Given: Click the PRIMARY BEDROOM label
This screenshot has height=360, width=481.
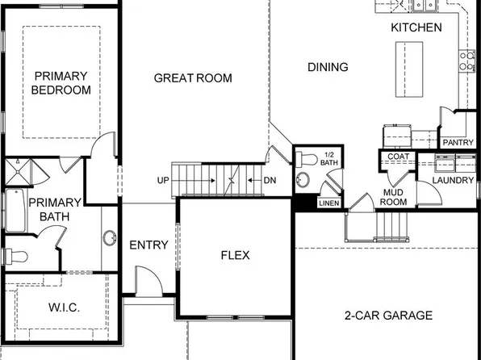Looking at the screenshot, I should (61, 83).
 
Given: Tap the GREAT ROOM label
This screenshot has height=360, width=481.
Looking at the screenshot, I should (193, 78).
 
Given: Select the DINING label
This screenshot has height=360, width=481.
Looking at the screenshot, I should (328, 67).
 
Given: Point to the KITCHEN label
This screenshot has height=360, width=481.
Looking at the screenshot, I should (416, 27).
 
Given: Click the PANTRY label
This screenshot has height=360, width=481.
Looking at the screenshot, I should (458, 142).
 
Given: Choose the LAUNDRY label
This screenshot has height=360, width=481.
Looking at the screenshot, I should (454, 180).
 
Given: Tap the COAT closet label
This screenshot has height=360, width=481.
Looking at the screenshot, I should (398, 157).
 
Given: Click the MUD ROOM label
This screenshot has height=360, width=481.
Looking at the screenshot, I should (398, 198).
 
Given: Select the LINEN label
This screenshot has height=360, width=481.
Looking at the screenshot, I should (328, 203).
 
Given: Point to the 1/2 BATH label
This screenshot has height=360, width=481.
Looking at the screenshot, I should (329, 160).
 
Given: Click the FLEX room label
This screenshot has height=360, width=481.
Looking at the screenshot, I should (235, 255).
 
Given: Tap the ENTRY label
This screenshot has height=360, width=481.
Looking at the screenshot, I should (148, 245).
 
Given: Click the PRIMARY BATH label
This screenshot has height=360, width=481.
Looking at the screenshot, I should (55, 209).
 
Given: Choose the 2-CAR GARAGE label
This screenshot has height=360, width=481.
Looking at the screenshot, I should (388, 315).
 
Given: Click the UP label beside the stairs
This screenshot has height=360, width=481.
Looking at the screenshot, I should (163, 179).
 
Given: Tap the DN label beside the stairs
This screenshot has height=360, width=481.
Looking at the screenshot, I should (270, 179).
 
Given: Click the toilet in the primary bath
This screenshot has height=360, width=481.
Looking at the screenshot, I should (15, 257).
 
